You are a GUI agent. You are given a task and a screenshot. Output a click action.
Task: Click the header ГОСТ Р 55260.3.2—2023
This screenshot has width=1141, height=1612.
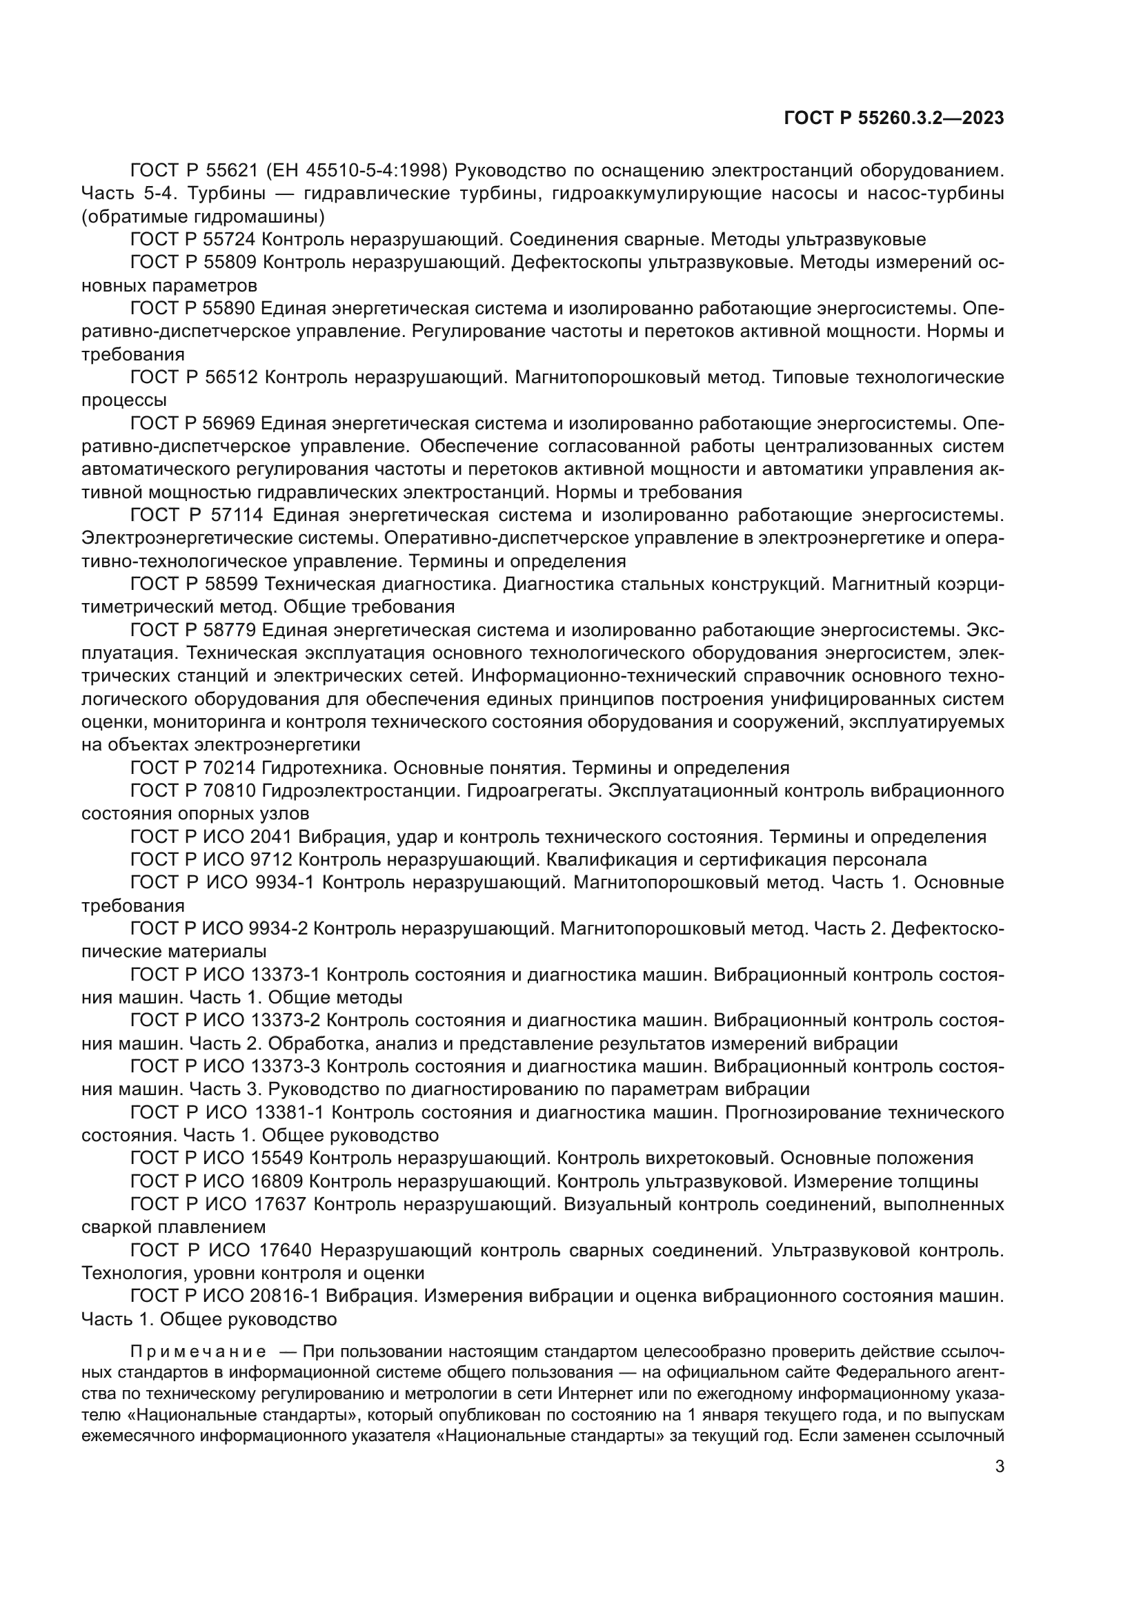click(x=893, y=119)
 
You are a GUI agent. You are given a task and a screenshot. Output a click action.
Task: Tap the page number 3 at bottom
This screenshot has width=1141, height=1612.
click(x=999, y=1466)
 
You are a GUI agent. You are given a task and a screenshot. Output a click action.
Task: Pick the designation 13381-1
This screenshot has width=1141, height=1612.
click(x=288, y=1113)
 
